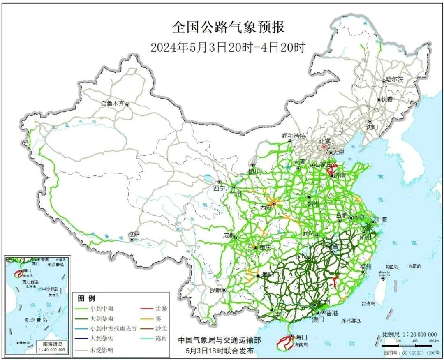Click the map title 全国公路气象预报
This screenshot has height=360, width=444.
click(228, 28)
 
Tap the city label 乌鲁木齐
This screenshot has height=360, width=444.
click(112, 104)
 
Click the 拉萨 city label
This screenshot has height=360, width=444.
click(134, 234)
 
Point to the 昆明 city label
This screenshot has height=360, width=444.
click(215, 290)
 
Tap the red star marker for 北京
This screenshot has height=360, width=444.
click(324, 146)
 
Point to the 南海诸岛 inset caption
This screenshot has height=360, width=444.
click(51, 344)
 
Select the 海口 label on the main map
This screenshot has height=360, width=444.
click(301, 337)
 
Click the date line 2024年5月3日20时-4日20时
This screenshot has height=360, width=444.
click(228, 47)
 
